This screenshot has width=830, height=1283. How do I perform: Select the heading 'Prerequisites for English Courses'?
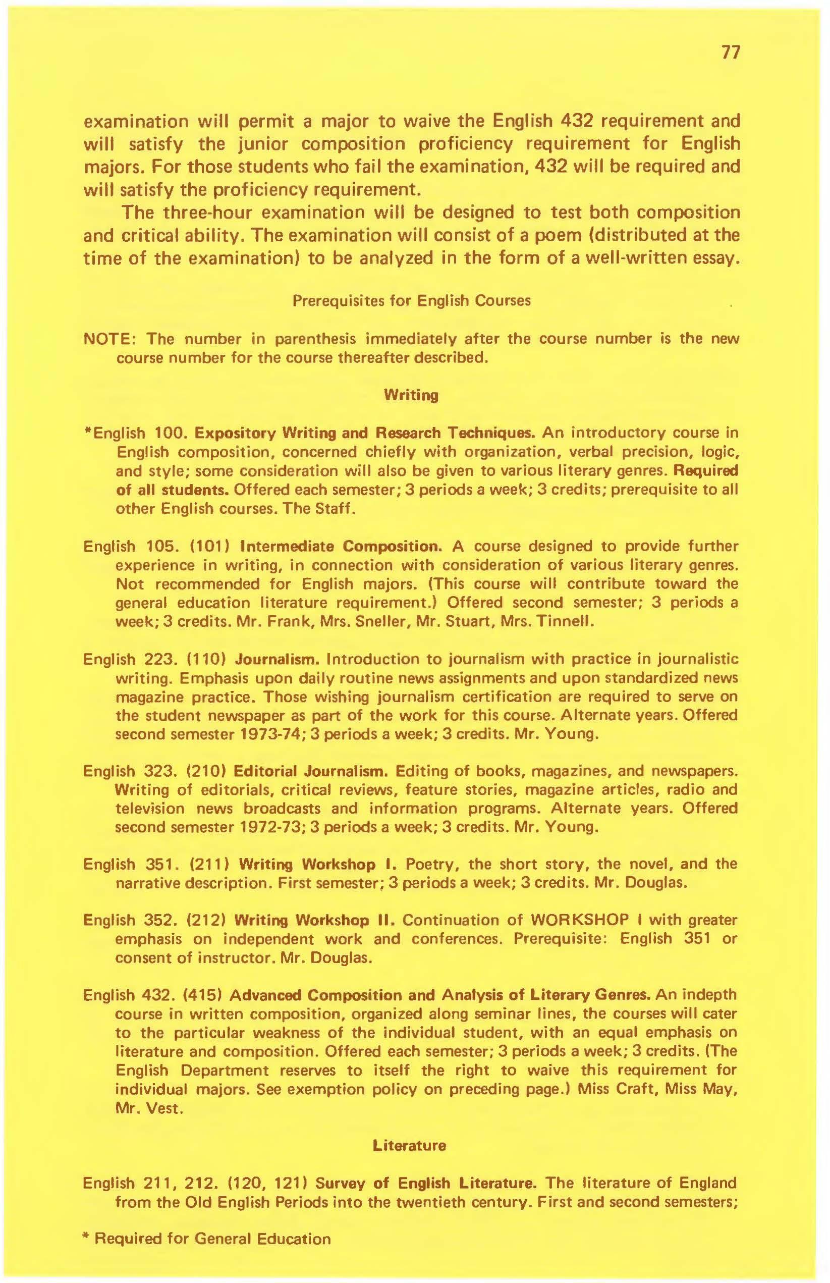coord(411,300)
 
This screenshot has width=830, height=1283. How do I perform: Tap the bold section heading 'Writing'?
coord(411,395)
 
